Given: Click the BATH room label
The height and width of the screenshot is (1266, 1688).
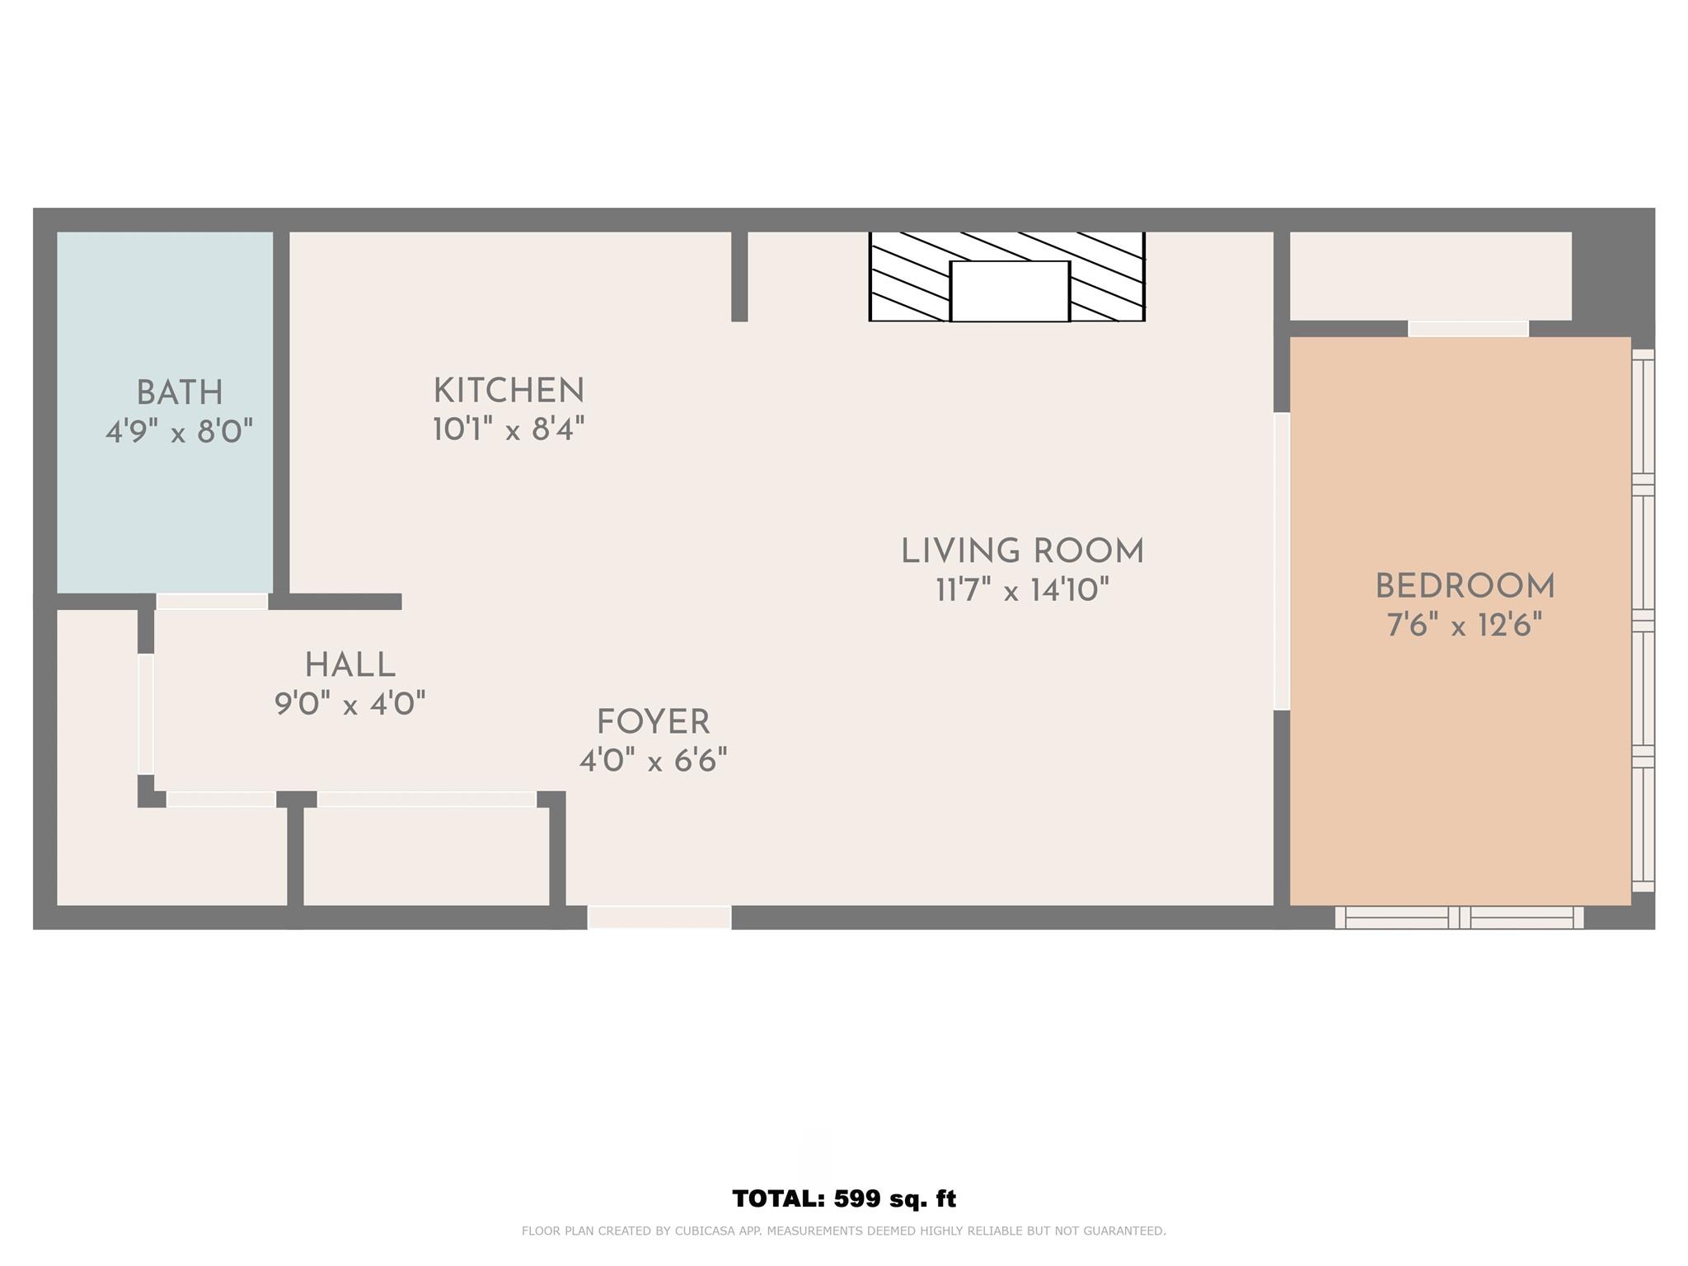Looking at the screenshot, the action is (180, 393).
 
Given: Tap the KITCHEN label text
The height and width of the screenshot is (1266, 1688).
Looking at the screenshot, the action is (509, 391).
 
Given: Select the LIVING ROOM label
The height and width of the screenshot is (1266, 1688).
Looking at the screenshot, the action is (1022, 551).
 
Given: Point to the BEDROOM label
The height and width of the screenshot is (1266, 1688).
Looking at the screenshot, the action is (1465, 587).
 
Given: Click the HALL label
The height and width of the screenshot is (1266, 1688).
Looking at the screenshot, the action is (350, 665).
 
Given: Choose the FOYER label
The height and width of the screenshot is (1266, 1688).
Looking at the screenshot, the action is (653, 722).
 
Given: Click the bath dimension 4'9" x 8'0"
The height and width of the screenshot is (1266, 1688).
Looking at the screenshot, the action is (179, 431).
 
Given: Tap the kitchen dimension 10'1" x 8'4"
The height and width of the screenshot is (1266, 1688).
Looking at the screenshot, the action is (509, 429).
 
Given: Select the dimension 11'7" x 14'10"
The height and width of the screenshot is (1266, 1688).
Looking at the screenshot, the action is (1022, 590).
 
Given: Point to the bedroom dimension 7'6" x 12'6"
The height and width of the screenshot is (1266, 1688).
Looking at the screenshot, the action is (1465, 626).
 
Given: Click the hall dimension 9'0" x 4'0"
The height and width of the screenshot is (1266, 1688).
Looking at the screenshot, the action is (350, 704).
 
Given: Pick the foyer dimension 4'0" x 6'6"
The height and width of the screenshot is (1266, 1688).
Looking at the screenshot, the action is (653, 760).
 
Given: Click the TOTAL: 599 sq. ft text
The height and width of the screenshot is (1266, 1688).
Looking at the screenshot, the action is (844, 1198).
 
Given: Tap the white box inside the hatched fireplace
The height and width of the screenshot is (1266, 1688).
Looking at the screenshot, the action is (1010, 291).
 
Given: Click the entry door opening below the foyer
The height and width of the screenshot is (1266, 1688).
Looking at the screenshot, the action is (659, 917).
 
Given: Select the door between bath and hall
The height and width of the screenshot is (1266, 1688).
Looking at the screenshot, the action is (213, 602).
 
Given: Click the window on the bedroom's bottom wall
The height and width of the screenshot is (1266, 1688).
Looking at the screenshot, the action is (1459, 917).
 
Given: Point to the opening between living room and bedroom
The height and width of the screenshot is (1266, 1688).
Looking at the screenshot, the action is (1282, 561).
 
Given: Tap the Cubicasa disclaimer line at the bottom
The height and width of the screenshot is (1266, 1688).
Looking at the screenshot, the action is (844, 1231).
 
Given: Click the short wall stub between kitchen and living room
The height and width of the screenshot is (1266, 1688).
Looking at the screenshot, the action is (739, 276).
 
